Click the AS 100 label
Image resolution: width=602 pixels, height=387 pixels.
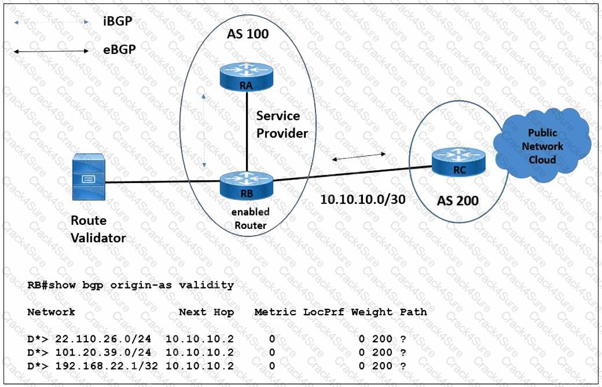click(247, 34)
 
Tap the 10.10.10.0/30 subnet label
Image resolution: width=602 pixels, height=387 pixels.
click(362, 199)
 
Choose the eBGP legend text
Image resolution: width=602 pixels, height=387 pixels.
click(119, 50)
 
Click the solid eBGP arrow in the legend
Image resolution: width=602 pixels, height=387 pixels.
click(52, 52)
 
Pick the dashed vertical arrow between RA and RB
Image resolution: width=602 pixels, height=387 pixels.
click(204, 131)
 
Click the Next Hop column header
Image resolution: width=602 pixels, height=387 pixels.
click(206, 312)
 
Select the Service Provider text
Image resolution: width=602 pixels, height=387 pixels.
click(282, 125)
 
